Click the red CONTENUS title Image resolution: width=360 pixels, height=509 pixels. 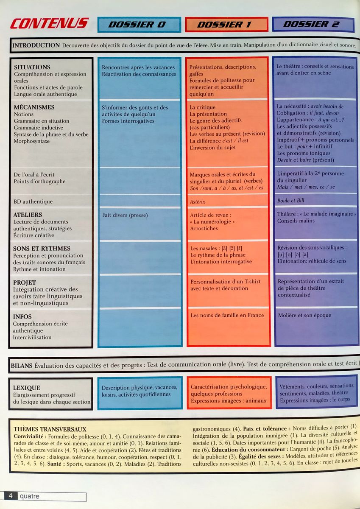tap(49, 24)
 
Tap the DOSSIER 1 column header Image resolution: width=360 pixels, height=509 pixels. tap(226, 25)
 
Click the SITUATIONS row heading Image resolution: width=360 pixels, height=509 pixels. tap(32, 67)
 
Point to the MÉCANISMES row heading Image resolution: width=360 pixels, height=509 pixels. tap(34, 107)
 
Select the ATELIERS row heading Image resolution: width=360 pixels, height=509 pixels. tap(28, 215)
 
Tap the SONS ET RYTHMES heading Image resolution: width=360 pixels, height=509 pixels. tap(42, 249)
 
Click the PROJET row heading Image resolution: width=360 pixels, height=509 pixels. tap(25, 282)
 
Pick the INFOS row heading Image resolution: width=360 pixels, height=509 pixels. tap(22, 316)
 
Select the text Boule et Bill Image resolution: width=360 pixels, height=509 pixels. tap(291, 201)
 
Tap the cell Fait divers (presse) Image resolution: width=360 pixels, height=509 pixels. tap(125, 215)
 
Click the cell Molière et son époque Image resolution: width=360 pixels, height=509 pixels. tap(304, 315)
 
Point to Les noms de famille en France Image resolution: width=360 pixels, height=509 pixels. tap(227, 315)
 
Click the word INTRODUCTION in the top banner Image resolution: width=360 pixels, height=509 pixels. tap(36, 45)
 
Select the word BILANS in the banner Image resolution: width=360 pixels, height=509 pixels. tap(21, 365)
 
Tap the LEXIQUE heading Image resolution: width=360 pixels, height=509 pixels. tap(27, 388)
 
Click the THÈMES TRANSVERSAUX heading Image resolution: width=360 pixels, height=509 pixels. tap(50, 429)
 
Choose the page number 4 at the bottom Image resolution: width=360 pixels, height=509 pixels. tap(10, 495)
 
